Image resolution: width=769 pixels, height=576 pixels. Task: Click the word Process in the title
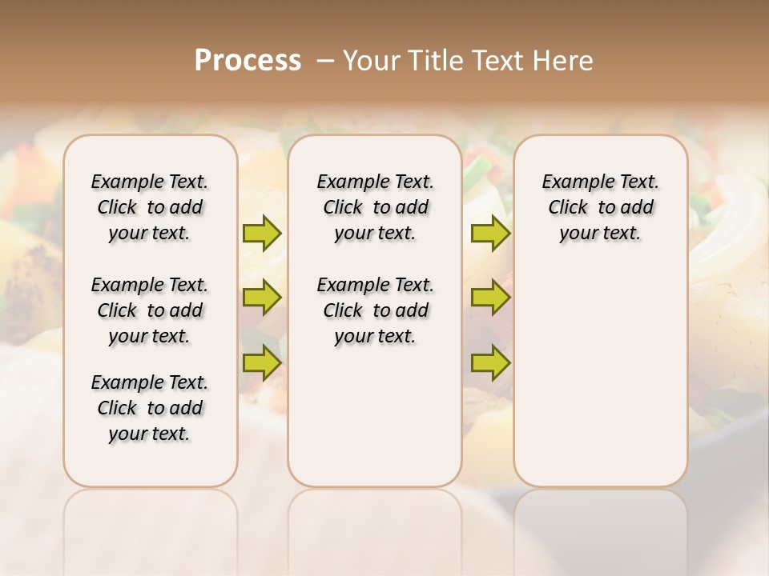(248, 61)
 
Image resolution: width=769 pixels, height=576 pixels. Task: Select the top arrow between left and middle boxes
(262, 233)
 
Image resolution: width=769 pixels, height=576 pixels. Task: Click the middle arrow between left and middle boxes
(262, 298)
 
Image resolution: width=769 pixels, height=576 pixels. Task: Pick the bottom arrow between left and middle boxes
(262, 362)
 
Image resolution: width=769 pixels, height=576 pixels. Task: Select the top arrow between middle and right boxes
(489, 233)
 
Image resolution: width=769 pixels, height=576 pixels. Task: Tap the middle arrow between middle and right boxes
(489, 298)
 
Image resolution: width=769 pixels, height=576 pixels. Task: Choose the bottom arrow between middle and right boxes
(489, 362)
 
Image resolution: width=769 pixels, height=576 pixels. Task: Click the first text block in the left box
(150, 207)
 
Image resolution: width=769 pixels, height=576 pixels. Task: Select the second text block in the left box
(150, 310)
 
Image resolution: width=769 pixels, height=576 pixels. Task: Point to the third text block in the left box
(150, 408)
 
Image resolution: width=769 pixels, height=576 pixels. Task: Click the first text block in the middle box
(375, 207)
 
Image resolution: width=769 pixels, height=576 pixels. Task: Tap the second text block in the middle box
(375, 310)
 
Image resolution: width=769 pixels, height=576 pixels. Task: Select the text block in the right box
(600, 207)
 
